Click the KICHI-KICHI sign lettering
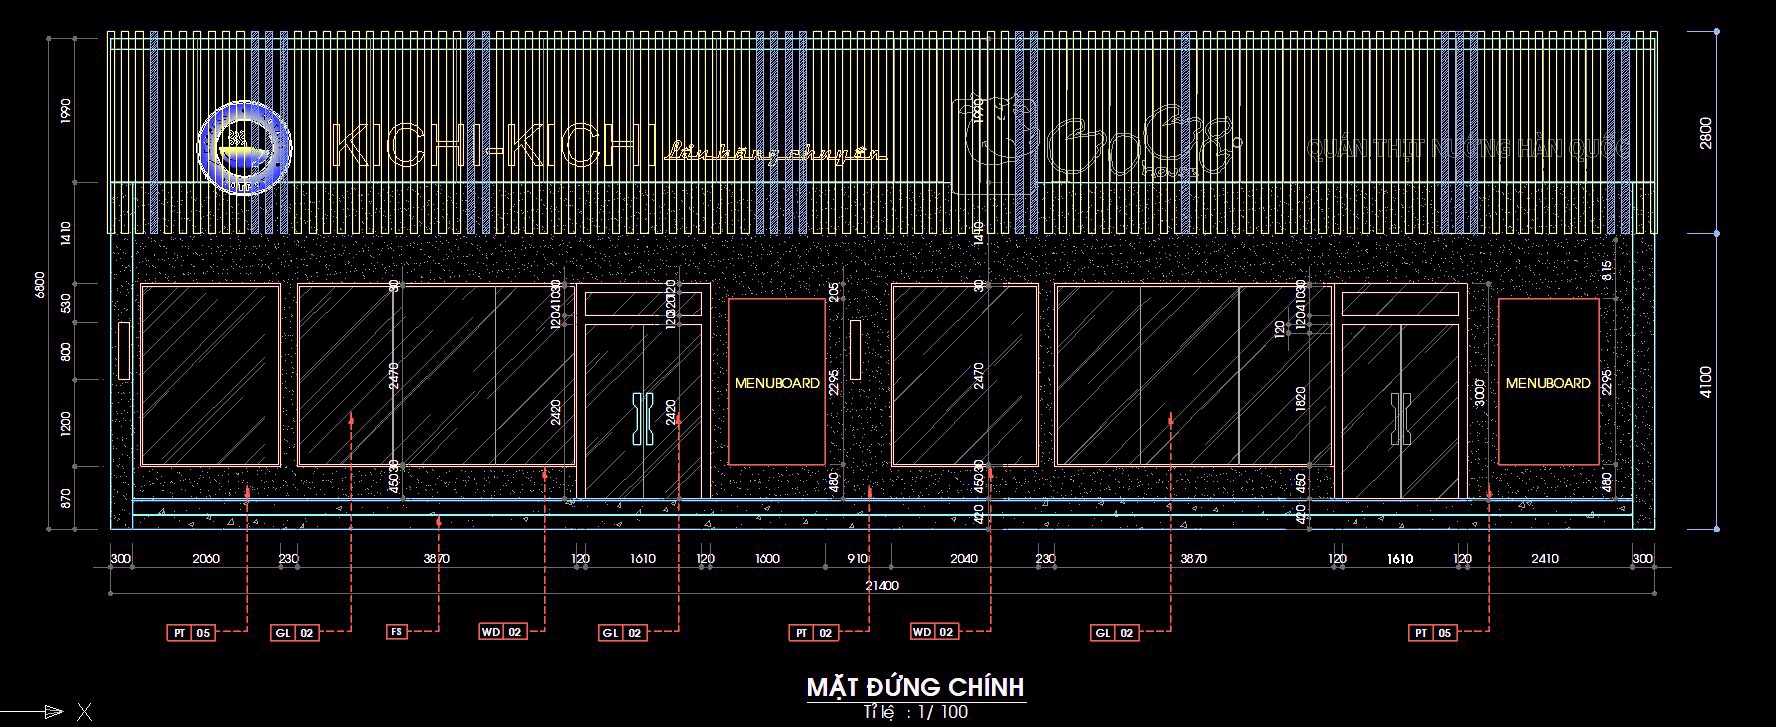point(492,147)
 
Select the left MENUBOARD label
point(777,383)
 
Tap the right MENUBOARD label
point(1547,383)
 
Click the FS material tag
point(397,632)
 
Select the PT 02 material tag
point(814,633)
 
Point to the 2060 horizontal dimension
point(206,559)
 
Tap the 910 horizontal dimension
point(857,559)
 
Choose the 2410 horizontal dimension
point(1544,559)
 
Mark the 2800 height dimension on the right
point(1706,133)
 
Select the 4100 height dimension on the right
point(1706,382)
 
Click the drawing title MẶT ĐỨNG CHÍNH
point(915,687)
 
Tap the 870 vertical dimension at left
point(65,497)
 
